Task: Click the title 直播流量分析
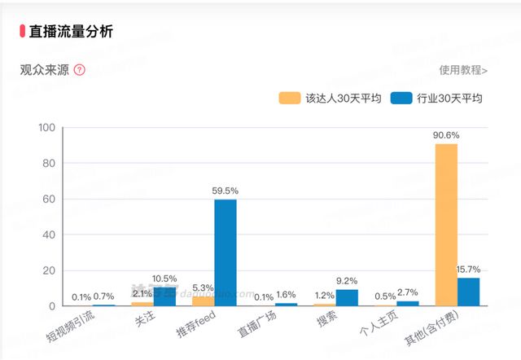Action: (x=71, y=32)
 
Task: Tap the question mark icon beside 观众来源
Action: (x=79, y=70)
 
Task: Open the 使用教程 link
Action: (x=463, y=70)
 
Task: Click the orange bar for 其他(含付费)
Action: (x=446, y=224)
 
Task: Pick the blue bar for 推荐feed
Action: (x=225, y=252)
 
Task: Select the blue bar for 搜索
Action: (x=347, y=297)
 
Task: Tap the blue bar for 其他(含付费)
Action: (x=468, y=292)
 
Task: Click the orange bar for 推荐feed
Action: (x=204, y=301)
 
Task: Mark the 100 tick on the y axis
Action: (x=46, y=128)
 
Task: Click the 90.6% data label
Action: (x=446, y=135)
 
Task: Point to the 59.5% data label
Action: (x=225, y=191)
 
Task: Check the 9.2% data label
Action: (x=348, y=281)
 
